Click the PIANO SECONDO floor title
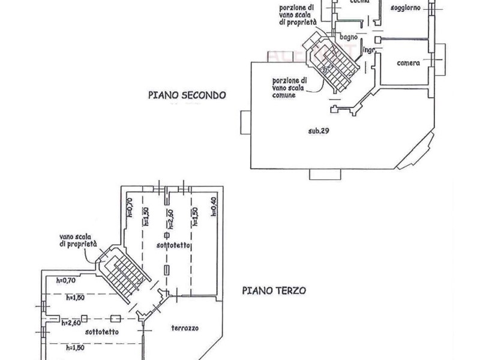[x=187, y=95]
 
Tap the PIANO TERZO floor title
[x=274, y=289]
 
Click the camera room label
[x=409, y=62]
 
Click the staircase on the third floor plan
[x=122, y=273]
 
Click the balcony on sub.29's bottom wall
[x=325, y=175]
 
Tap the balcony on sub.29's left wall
[x=245, y=123]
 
